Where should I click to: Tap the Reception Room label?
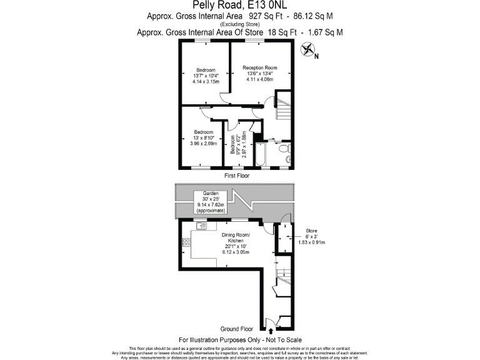pos(260,67)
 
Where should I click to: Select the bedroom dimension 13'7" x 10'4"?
pos(206,76)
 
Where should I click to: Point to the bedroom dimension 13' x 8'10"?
pos(203,138)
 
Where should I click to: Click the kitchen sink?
pos(203,226)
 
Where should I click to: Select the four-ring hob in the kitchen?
pos(186,241)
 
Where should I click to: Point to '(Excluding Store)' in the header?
pos(240,24)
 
